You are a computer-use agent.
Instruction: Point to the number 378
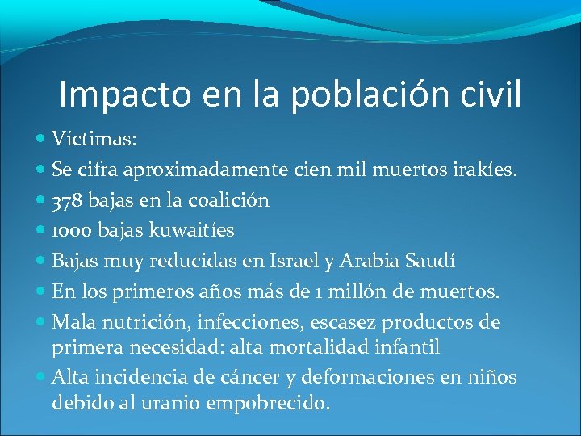click(x=67, y=199)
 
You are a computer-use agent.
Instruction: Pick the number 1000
click(x=72, y=230)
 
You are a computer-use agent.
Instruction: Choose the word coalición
click(x=232, y=199)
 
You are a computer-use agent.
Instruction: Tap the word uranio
click(x=178, y=401)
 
